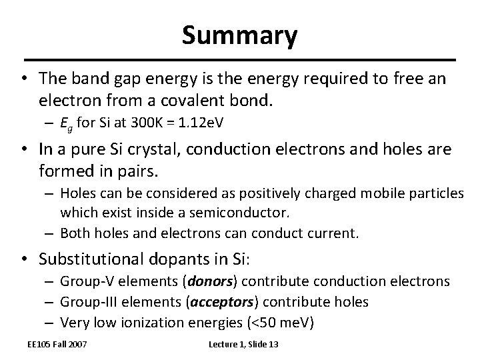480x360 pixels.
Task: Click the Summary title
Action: tap(240, 36)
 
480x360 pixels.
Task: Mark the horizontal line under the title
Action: tap(239, 60)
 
